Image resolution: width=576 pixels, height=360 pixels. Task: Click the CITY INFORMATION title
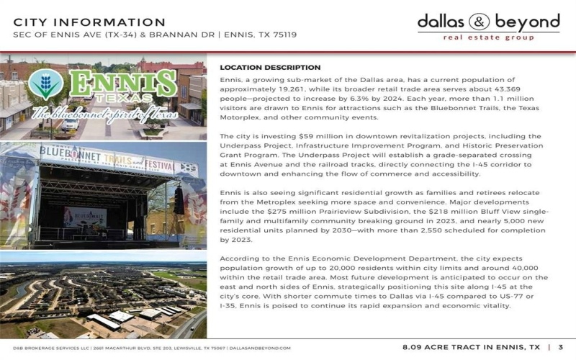[90, 22]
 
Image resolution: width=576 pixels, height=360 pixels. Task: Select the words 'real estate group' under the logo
[489, 37]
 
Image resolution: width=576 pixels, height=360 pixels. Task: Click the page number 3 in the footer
[561, 347]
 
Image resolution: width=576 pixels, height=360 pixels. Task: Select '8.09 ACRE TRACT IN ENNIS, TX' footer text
[471, 347]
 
